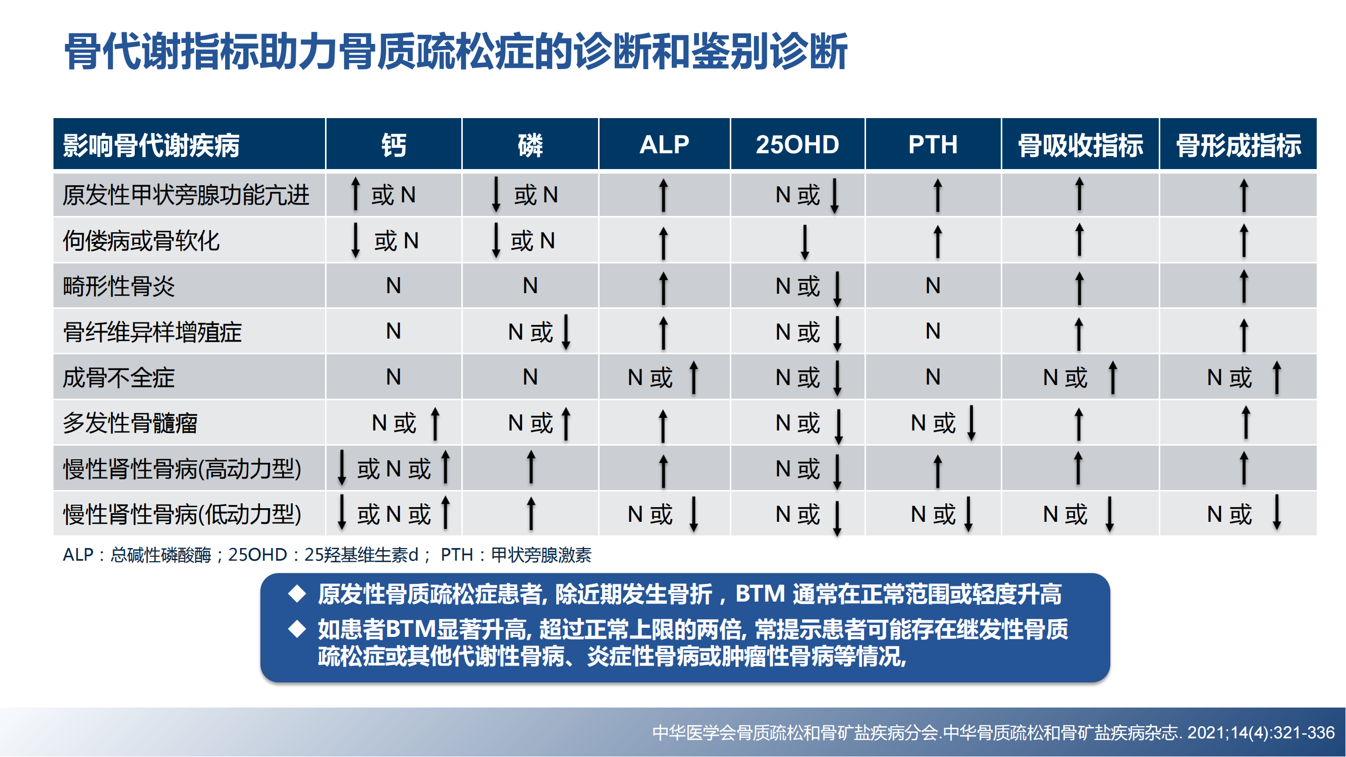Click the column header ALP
[x=664, y=144]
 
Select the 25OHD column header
[x=797, y=144]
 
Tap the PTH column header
[x=933, y=144]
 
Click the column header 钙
[x=394, y=145]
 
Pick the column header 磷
[x=530, y=145]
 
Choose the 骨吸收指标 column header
[x=1080, y=145]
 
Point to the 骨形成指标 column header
[x=1238, y=145]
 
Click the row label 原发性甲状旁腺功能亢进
[x=186, y=195]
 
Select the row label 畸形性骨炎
[x=119, y=286]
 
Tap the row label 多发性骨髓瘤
[x=130, y=423]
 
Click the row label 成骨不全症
[x=119, y=377]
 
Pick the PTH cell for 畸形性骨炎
[x=933, y=286]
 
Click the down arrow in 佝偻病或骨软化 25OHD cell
[x=804, y=242]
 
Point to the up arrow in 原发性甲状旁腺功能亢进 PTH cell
[x=937, y=195]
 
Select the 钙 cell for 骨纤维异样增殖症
[x=394, y=331]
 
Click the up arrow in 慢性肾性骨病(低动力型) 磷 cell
[x=531, y=513]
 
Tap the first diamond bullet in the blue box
[x=297, y=593]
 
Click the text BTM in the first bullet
[x=760, y=594]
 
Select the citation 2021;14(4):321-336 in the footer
[x=1261, y=733]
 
